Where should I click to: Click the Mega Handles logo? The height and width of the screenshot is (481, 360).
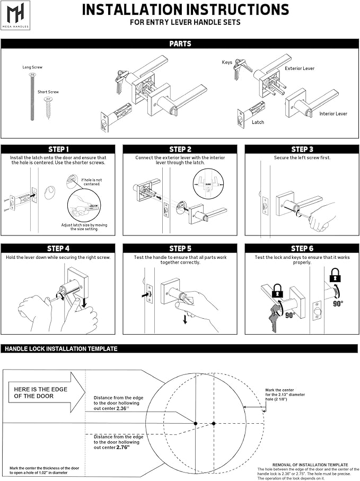pyautogui.click(x=15, y=15)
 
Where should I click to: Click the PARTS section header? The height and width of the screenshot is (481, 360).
pyautogui.click(x=180, y=44)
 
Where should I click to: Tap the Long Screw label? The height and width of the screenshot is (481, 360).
pyautogui.click(x=32, y=68)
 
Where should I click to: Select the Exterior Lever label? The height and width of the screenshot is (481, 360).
pyautogui.click(x=300, y=68)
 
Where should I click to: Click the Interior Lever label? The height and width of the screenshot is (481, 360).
pyautogui.click(x=333, y=113)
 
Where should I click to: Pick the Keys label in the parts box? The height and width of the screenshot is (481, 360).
pyautogui.click(x=227, y=63)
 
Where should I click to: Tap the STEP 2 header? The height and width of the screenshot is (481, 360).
pyautogui.click(x=180, y=150)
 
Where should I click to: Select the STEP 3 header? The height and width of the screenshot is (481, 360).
pyautogui.click(x=302, y=150)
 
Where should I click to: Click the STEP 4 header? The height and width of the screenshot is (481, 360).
pyautogui.click(x=58, y=248)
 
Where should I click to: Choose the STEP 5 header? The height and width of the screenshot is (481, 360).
pyautogui.click(x=180, y=248)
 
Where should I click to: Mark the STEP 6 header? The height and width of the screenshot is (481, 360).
pyautogui.click(x=302, y=248)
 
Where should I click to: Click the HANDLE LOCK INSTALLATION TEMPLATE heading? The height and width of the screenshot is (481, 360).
pyautogui.click(x=61, y=349)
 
